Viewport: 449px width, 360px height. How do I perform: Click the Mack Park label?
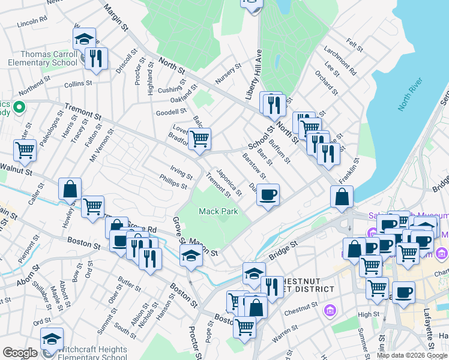218,211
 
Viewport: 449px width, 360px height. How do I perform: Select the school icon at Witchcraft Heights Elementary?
52,339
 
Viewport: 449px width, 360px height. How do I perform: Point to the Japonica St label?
229,182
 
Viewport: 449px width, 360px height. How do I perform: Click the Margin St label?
116,18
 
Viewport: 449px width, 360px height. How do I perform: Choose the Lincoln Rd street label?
32,23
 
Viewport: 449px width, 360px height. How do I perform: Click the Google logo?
20,353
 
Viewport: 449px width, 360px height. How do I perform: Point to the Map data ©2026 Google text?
411,355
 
